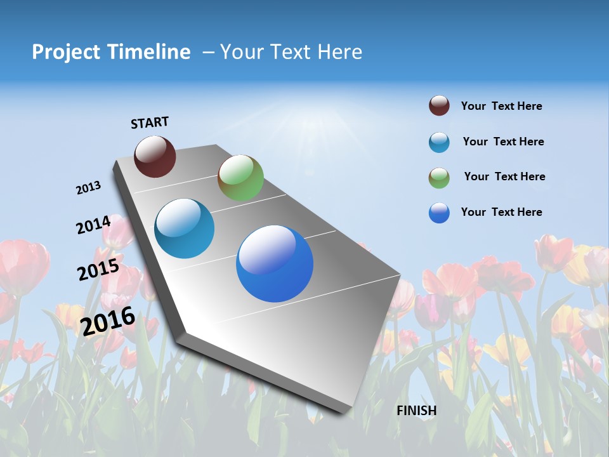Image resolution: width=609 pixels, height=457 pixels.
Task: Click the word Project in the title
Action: click(x=65, y=52)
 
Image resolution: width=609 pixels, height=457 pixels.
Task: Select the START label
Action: click(x=150, y=123)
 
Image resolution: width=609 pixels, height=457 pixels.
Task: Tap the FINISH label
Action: click(x=417, y=411)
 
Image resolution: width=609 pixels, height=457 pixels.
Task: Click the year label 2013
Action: click(x=89, y=188)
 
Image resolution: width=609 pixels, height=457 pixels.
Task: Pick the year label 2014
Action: click(x=93, y=225)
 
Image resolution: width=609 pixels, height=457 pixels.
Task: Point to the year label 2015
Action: click(x=98, y=270)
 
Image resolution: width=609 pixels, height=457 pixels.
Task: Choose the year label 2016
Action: click(x=108, y=320)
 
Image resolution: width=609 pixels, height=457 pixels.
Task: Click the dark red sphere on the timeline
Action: click(x=155, y=156)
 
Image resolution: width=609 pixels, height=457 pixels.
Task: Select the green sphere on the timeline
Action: click(x=240, y=178)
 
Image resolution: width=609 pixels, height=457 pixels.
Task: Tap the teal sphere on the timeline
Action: click(x=185, y=228)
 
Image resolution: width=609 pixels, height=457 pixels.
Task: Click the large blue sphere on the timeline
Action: click(x=275, y=263)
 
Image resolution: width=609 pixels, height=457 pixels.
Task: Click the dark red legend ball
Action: click(x=439, y=106)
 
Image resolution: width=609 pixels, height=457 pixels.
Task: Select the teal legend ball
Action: click(x=439, y=142)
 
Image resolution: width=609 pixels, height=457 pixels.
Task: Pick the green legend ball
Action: click(x=439, y=178)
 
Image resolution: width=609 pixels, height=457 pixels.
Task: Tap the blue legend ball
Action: click(x=439, y=213)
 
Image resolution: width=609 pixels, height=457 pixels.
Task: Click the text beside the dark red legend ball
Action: click(x=501, y=107)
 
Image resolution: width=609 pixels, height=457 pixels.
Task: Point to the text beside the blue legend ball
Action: click(x=501, y=212)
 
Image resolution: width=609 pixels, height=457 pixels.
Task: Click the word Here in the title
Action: click(x=339, y=52)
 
